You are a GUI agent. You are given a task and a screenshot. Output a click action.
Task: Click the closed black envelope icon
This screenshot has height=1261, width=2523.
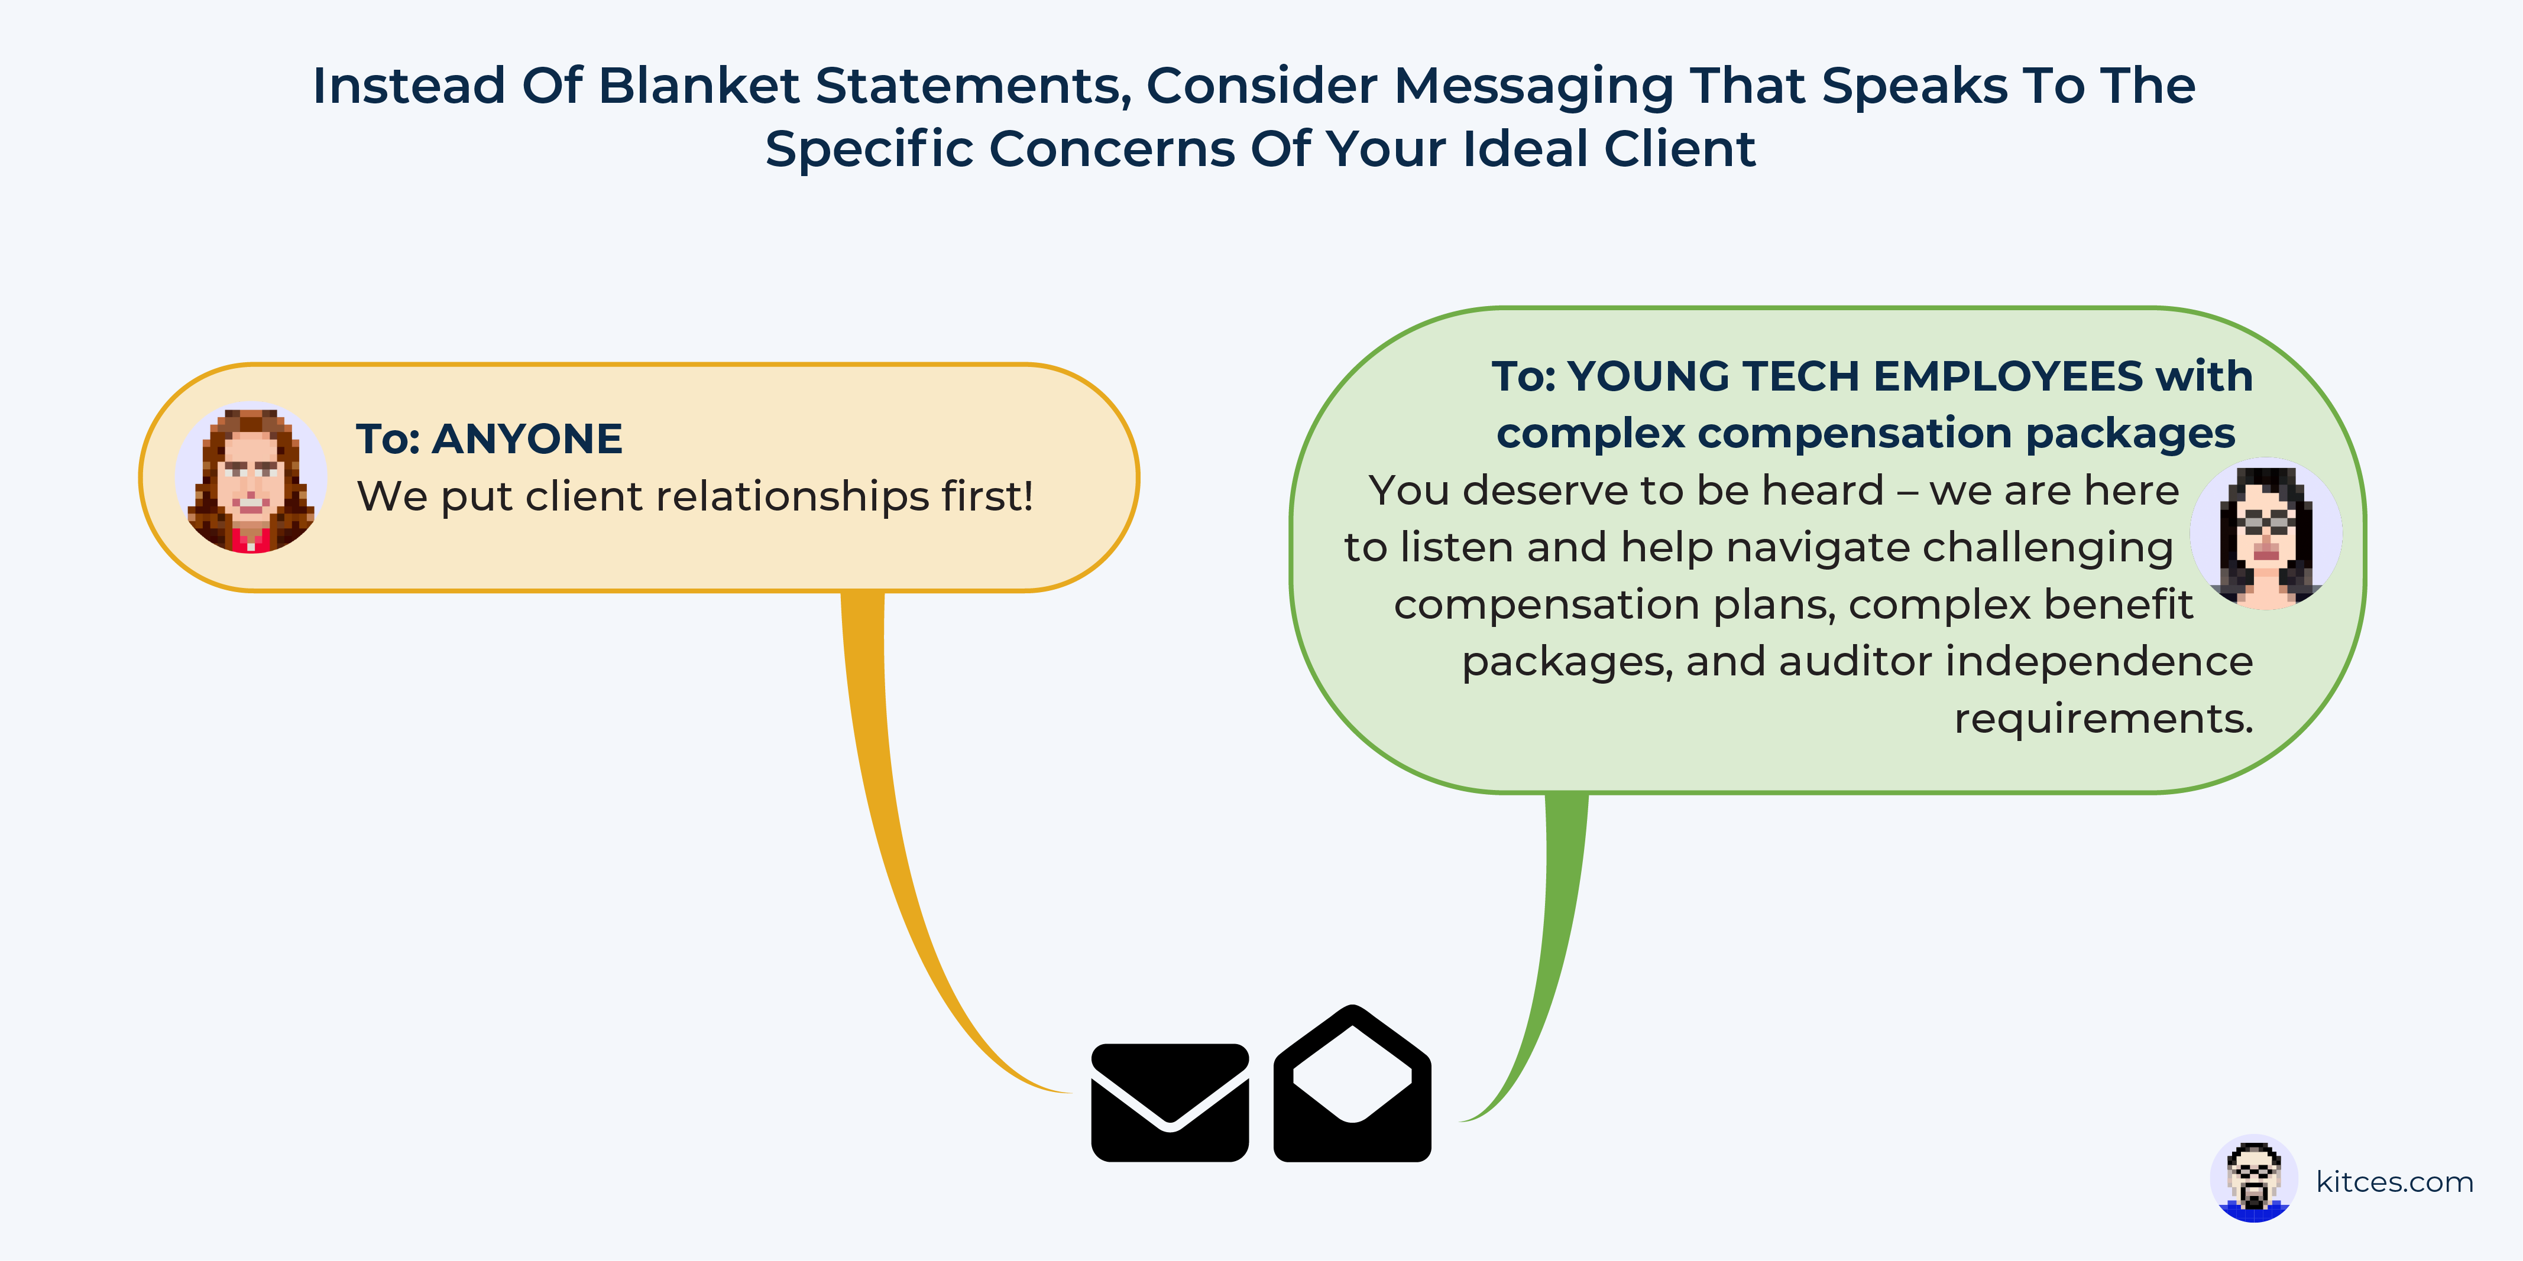(1170, 1103)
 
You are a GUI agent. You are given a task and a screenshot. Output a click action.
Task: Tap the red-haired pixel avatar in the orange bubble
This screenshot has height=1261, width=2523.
(251, 478)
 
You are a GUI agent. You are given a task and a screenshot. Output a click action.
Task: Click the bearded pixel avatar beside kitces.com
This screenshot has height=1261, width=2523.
(2253, 1179)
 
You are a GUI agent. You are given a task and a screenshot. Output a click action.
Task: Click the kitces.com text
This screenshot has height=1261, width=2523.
(2395, 1182)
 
